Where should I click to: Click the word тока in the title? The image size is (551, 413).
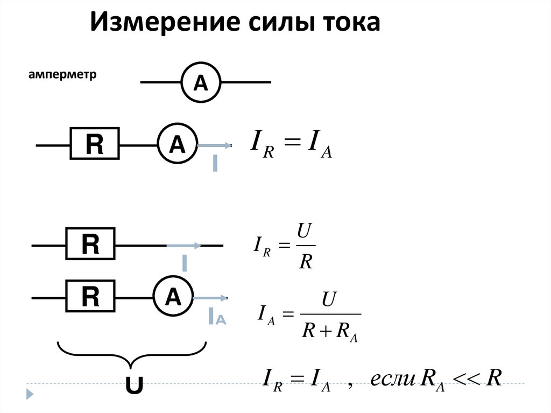(351, 23)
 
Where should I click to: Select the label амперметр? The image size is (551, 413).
(62, 74)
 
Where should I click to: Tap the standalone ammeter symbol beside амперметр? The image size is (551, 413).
(201, 82)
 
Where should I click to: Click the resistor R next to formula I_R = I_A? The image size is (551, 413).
(94, 144)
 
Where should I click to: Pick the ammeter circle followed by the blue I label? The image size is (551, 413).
(177, 144)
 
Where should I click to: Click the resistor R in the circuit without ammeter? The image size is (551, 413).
(90, 245)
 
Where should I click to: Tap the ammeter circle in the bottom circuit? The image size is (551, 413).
(173, 297)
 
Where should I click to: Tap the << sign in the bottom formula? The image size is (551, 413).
(465, 379)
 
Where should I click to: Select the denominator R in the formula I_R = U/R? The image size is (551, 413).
(306, 262)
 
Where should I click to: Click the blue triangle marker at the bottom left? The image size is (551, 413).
(30, 394)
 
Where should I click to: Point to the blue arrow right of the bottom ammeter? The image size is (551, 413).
(210, 297)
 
